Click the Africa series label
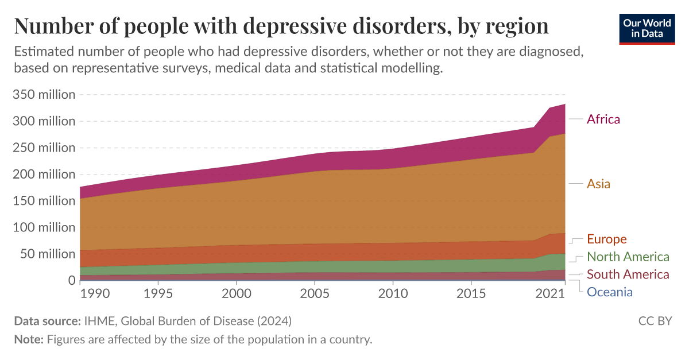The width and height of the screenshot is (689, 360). tap(603, 119)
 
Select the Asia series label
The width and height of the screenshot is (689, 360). tap(598, 184)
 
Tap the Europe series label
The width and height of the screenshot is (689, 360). tap(606, 239)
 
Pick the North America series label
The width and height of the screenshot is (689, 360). tap(628, 257)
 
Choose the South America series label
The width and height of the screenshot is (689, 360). tap(628, 274)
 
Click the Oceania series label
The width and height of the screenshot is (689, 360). tap(609, 292)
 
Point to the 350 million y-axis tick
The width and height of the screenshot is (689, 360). tap(44, 94)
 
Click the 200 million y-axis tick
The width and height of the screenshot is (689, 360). tap(44, 174)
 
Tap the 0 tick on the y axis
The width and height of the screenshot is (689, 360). tap(72, 280)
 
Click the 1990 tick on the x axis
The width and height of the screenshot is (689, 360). tap(94, 295)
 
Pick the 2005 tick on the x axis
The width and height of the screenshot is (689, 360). tap(315, 295)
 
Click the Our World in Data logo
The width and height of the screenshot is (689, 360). tap(647, 28)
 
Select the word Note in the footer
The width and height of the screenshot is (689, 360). tap(28, 339)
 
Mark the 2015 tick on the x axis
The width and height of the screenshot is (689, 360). tap(471, 295)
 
